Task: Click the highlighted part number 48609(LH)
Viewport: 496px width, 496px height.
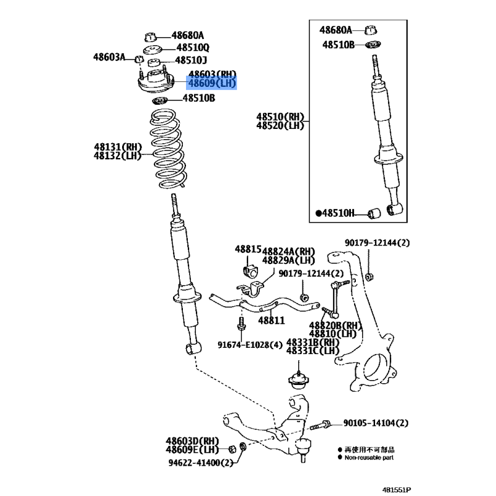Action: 212,84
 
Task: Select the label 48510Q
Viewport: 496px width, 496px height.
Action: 193,48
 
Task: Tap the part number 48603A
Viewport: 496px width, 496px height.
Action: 109,57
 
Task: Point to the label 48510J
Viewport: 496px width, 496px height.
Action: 191,60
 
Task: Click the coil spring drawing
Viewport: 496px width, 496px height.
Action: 167,149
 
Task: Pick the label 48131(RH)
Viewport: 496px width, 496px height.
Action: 118,147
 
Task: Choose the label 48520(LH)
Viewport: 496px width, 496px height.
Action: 280,126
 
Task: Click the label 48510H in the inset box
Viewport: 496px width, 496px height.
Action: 338,213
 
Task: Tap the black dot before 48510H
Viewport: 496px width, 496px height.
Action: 319,213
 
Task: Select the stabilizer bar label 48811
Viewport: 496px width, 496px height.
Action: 272,321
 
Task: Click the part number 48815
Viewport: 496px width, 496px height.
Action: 248,249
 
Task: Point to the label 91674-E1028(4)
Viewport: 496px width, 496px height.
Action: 250,345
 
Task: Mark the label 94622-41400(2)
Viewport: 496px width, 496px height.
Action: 200,463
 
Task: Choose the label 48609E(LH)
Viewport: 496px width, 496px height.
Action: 192,449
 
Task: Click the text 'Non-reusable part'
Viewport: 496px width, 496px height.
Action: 369,458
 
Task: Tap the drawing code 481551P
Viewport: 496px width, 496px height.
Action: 396,490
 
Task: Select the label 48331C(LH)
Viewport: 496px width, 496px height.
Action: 312,350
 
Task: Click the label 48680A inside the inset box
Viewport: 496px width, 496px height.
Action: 335,30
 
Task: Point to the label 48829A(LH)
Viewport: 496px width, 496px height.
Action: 288,260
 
